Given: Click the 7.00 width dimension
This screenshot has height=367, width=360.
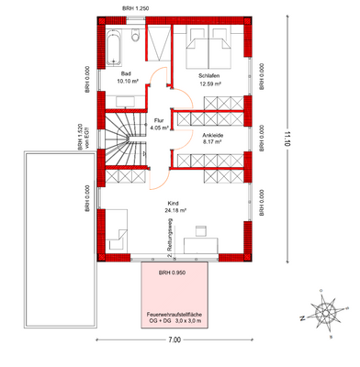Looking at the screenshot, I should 174,340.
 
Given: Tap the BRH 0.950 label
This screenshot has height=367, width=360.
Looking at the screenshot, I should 173,274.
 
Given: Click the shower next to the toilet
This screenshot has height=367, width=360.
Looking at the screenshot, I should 158,39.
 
